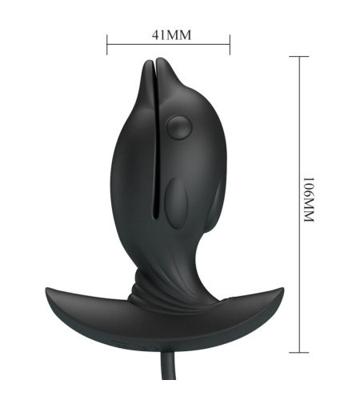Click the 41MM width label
pos(172,35)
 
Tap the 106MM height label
pos(310,199)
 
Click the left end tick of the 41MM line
pos(107,45)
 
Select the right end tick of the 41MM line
pos(230,45)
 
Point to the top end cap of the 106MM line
pos(299,57)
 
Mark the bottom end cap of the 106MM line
pos(299,352)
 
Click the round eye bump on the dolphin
pos(179,127)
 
